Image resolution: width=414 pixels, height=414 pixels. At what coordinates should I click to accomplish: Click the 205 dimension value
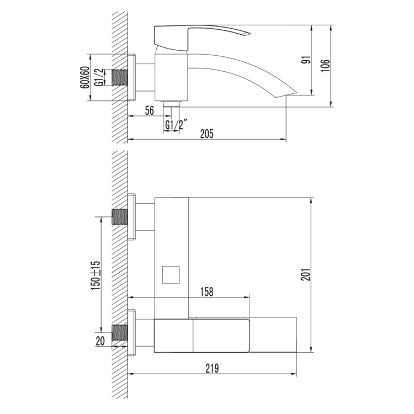[206, 134]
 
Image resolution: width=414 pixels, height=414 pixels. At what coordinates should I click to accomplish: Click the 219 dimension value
[212, 368]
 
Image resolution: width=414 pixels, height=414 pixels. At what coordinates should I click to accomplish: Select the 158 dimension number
[206, 292]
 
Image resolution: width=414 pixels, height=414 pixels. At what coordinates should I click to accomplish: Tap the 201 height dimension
[306, 274]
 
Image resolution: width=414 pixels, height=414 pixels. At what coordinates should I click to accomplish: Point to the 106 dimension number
[325, 66]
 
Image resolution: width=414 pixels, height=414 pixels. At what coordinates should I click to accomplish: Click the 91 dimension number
[306, 60]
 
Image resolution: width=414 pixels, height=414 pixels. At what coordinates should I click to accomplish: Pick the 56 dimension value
[150, 110]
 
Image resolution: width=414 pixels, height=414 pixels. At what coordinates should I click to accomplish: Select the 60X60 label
[85, 78]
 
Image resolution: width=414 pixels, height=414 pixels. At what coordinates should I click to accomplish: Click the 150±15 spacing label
[95, 275]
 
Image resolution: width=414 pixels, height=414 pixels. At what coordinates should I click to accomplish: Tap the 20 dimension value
[100, 341]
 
